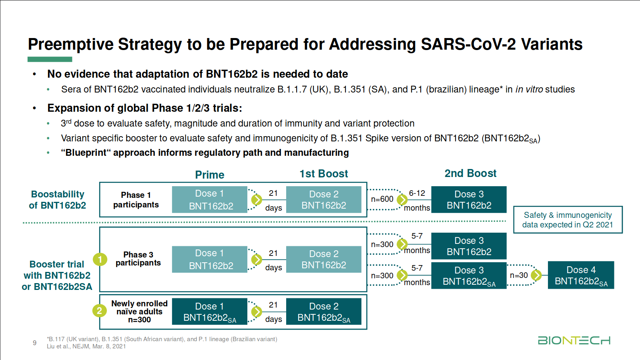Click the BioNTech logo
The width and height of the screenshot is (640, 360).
pos(574,340)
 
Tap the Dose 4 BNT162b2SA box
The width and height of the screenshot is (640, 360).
pos(581,276)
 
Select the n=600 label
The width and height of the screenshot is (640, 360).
pos(382,199)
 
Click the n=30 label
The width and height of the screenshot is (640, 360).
pos(519,276)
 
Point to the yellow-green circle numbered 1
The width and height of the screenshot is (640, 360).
pos(100,259)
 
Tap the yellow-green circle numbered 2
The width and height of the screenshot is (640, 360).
pos(99,311)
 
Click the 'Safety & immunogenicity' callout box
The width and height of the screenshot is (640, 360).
pos(568,220)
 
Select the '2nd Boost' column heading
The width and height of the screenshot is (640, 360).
pos(470,173)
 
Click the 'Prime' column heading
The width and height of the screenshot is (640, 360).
pos(209,175)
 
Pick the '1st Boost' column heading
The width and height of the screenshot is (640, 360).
pos(323,174)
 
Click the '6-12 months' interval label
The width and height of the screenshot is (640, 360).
pos(417,200)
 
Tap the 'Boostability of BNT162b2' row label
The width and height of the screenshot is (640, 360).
pos(58,200)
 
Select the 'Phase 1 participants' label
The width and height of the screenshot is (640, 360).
pos(136,200)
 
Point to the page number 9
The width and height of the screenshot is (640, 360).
pos(34,343)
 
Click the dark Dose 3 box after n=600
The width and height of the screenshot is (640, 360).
pos(469,200)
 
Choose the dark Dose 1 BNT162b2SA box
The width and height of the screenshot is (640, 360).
pos(209,312)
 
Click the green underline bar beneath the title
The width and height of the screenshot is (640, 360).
pos(50,59)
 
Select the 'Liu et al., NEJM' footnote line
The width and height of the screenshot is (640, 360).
pos(86,346)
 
